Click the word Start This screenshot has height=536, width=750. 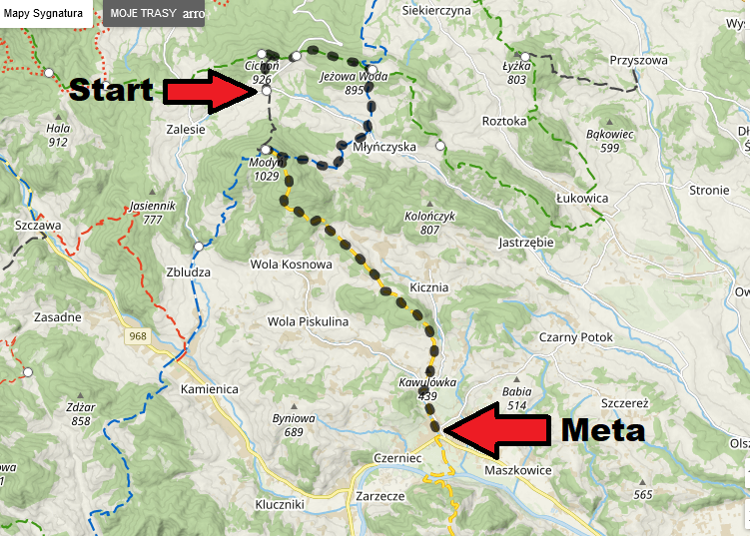(110, 90)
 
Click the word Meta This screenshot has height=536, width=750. (602, 431)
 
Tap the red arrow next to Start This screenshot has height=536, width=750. (210, 91)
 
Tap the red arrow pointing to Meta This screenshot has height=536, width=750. (496, 430)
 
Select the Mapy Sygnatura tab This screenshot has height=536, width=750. (44, 14)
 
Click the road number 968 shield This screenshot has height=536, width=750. (137, 336)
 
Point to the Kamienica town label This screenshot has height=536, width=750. (211, 387)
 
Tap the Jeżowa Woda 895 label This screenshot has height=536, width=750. (342, 82)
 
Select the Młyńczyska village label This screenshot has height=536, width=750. (384, 146)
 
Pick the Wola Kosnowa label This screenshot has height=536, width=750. (290, 265)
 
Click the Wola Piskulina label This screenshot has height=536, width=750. (308, 321)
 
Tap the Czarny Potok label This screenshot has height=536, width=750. (575, 336)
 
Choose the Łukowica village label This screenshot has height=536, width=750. (583, 198)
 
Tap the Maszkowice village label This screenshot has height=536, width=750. (517, 470)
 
